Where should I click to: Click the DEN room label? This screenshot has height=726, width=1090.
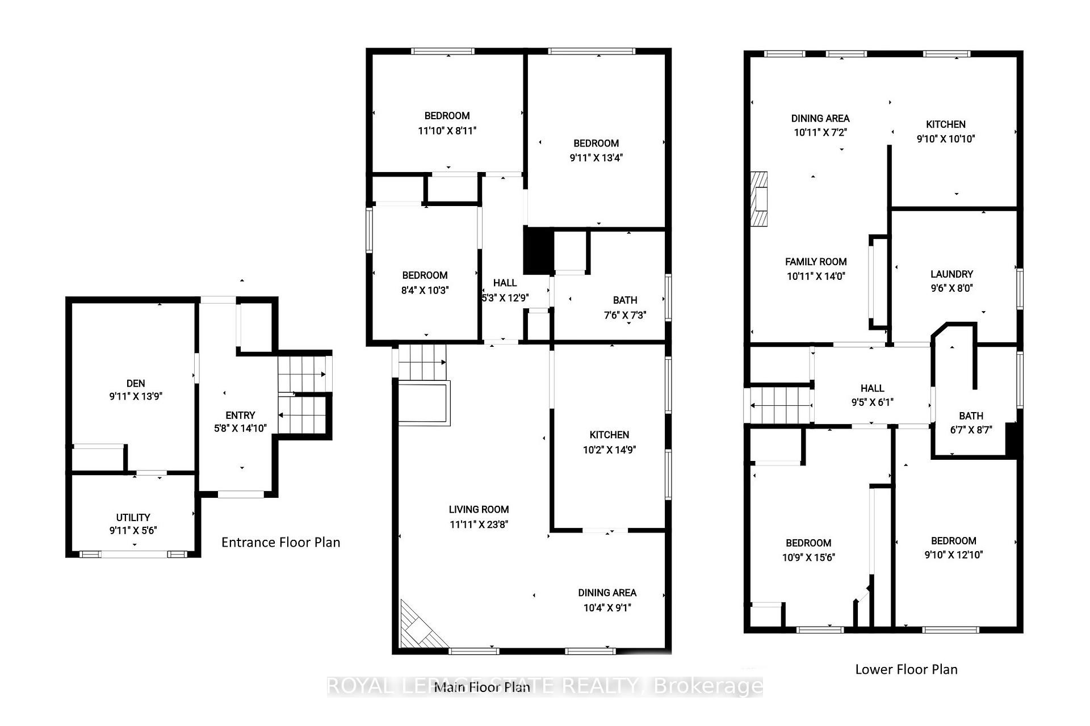coord(136,383)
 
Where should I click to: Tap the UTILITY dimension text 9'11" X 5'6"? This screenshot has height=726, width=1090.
coord(133,531)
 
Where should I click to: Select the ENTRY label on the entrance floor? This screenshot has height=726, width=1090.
coord(240,415)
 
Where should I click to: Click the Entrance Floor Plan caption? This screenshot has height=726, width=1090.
coord(280,542)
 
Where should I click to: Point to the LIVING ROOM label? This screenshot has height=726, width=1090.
coord(479,509)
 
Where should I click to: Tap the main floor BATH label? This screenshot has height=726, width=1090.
coord(624,300)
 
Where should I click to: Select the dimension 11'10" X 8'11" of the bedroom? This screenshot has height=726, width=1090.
coord(447,131)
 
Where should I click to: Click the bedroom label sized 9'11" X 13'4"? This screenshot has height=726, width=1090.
coord(596,143)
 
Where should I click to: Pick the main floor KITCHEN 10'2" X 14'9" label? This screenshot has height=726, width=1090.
coord(609,435)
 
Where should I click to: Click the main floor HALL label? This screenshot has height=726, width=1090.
coord(505,283)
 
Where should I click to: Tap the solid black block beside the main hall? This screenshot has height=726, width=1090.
coord(538,250)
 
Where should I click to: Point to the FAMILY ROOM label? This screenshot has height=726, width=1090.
coord(816,262)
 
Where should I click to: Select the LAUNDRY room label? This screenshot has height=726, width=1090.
coord(951,274)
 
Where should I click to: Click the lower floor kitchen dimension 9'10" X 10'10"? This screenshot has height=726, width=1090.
coord(945,139)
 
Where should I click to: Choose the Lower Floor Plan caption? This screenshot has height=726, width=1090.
coord(906,669)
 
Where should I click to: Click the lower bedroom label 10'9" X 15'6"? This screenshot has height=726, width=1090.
coord(808,543)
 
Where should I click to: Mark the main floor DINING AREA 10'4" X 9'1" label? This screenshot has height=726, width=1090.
coord(607,593)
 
